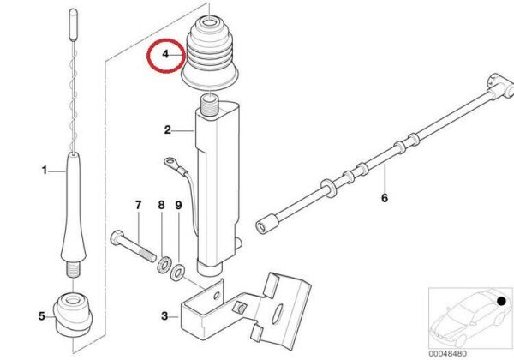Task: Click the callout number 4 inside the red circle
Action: click(165, 54)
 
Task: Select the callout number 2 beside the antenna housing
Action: click(168, 130)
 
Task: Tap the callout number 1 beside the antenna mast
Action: click(45, 171)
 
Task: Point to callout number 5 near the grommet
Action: click(42, 316)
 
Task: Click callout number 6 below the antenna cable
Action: click(385, 198)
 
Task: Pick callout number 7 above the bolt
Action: click(138, 205)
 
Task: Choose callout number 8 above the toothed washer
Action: click(161, 205)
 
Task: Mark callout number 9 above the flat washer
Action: click(179, 205)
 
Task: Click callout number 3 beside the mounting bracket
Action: click(164, 316)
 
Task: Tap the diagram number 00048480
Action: click(447, 354)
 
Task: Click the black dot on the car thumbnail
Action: click(501, 301)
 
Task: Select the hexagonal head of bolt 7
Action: click(117, 237)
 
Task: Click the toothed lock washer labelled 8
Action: click(163, 265)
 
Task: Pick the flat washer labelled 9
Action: click(177, 273)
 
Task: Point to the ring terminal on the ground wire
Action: click(170, 161)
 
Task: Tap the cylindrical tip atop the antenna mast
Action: click(73, 24)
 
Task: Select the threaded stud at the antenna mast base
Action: click(74, 269)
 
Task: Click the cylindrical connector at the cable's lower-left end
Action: click(266, 223)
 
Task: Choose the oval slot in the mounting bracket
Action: click(277, 312)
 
